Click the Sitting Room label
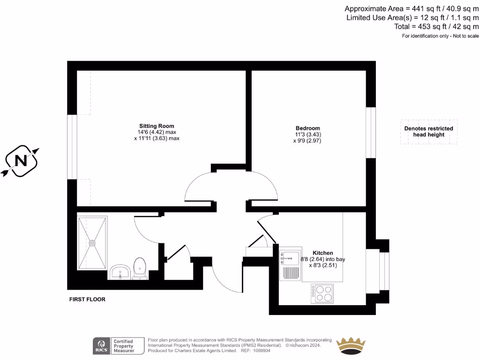(157, 126)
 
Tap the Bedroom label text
(307, 128)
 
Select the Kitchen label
(323, 253)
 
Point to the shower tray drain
(92, 243)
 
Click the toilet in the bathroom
(140, 269)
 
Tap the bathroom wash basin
(120, 272)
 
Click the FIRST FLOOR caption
(87, 300)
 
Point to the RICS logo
(101, 345)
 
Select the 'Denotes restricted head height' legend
(428, 132)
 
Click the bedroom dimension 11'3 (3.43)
(307, 135)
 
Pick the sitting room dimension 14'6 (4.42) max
(157, 132)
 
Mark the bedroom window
(371, 133)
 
